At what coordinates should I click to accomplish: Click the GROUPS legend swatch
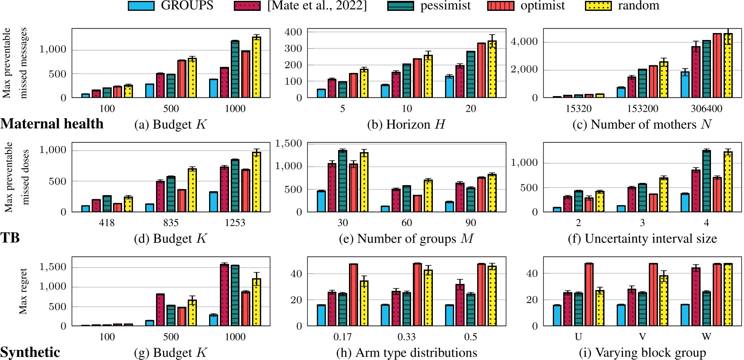141,6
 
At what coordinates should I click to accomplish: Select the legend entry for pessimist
445,6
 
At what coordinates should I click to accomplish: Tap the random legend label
638,6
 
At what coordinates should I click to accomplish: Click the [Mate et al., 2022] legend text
317,6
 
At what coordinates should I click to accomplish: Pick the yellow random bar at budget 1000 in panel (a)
256,67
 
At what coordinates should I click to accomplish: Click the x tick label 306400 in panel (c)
706,109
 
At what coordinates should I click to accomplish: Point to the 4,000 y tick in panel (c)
524,42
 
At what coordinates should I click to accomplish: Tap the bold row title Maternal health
52,124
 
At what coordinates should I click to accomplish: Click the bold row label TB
10,238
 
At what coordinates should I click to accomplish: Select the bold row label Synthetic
30,352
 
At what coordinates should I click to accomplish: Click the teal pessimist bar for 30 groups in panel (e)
342,181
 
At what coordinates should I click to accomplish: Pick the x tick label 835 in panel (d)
171,223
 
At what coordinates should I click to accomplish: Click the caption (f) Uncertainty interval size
642,239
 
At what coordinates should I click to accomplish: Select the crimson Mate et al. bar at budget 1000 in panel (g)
224,295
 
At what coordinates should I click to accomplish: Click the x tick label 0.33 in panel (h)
406,337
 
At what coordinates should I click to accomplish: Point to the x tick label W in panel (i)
706,337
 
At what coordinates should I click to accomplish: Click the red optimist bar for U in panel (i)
589,294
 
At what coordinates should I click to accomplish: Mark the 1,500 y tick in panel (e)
289,143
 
